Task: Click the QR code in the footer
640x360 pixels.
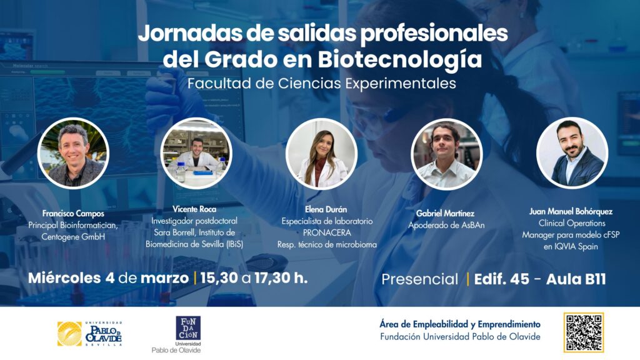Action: [583, 332]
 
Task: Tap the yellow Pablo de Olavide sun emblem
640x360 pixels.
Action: [69, 333]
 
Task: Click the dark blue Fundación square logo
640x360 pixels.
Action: [188, 328]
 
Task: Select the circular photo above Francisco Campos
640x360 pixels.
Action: [73, 153]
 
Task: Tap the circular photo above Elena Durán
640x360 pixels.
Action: [321, 154]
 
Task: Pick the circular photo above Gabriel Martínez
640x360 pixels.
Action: [447, 154]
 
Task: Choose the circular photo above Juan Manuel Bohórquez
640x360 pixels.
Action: [572, 153]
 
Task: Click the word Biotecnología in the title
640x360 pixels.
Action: [400, 59]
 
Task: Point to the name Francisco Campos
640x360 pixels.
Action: [73, 213]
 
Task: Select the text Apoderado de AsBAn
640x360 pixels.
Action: [446, 224]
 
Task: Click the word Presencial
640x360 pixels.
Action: [419, 279]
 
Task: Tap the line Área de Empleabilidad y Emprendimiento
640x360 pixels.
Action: [460, 324]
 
